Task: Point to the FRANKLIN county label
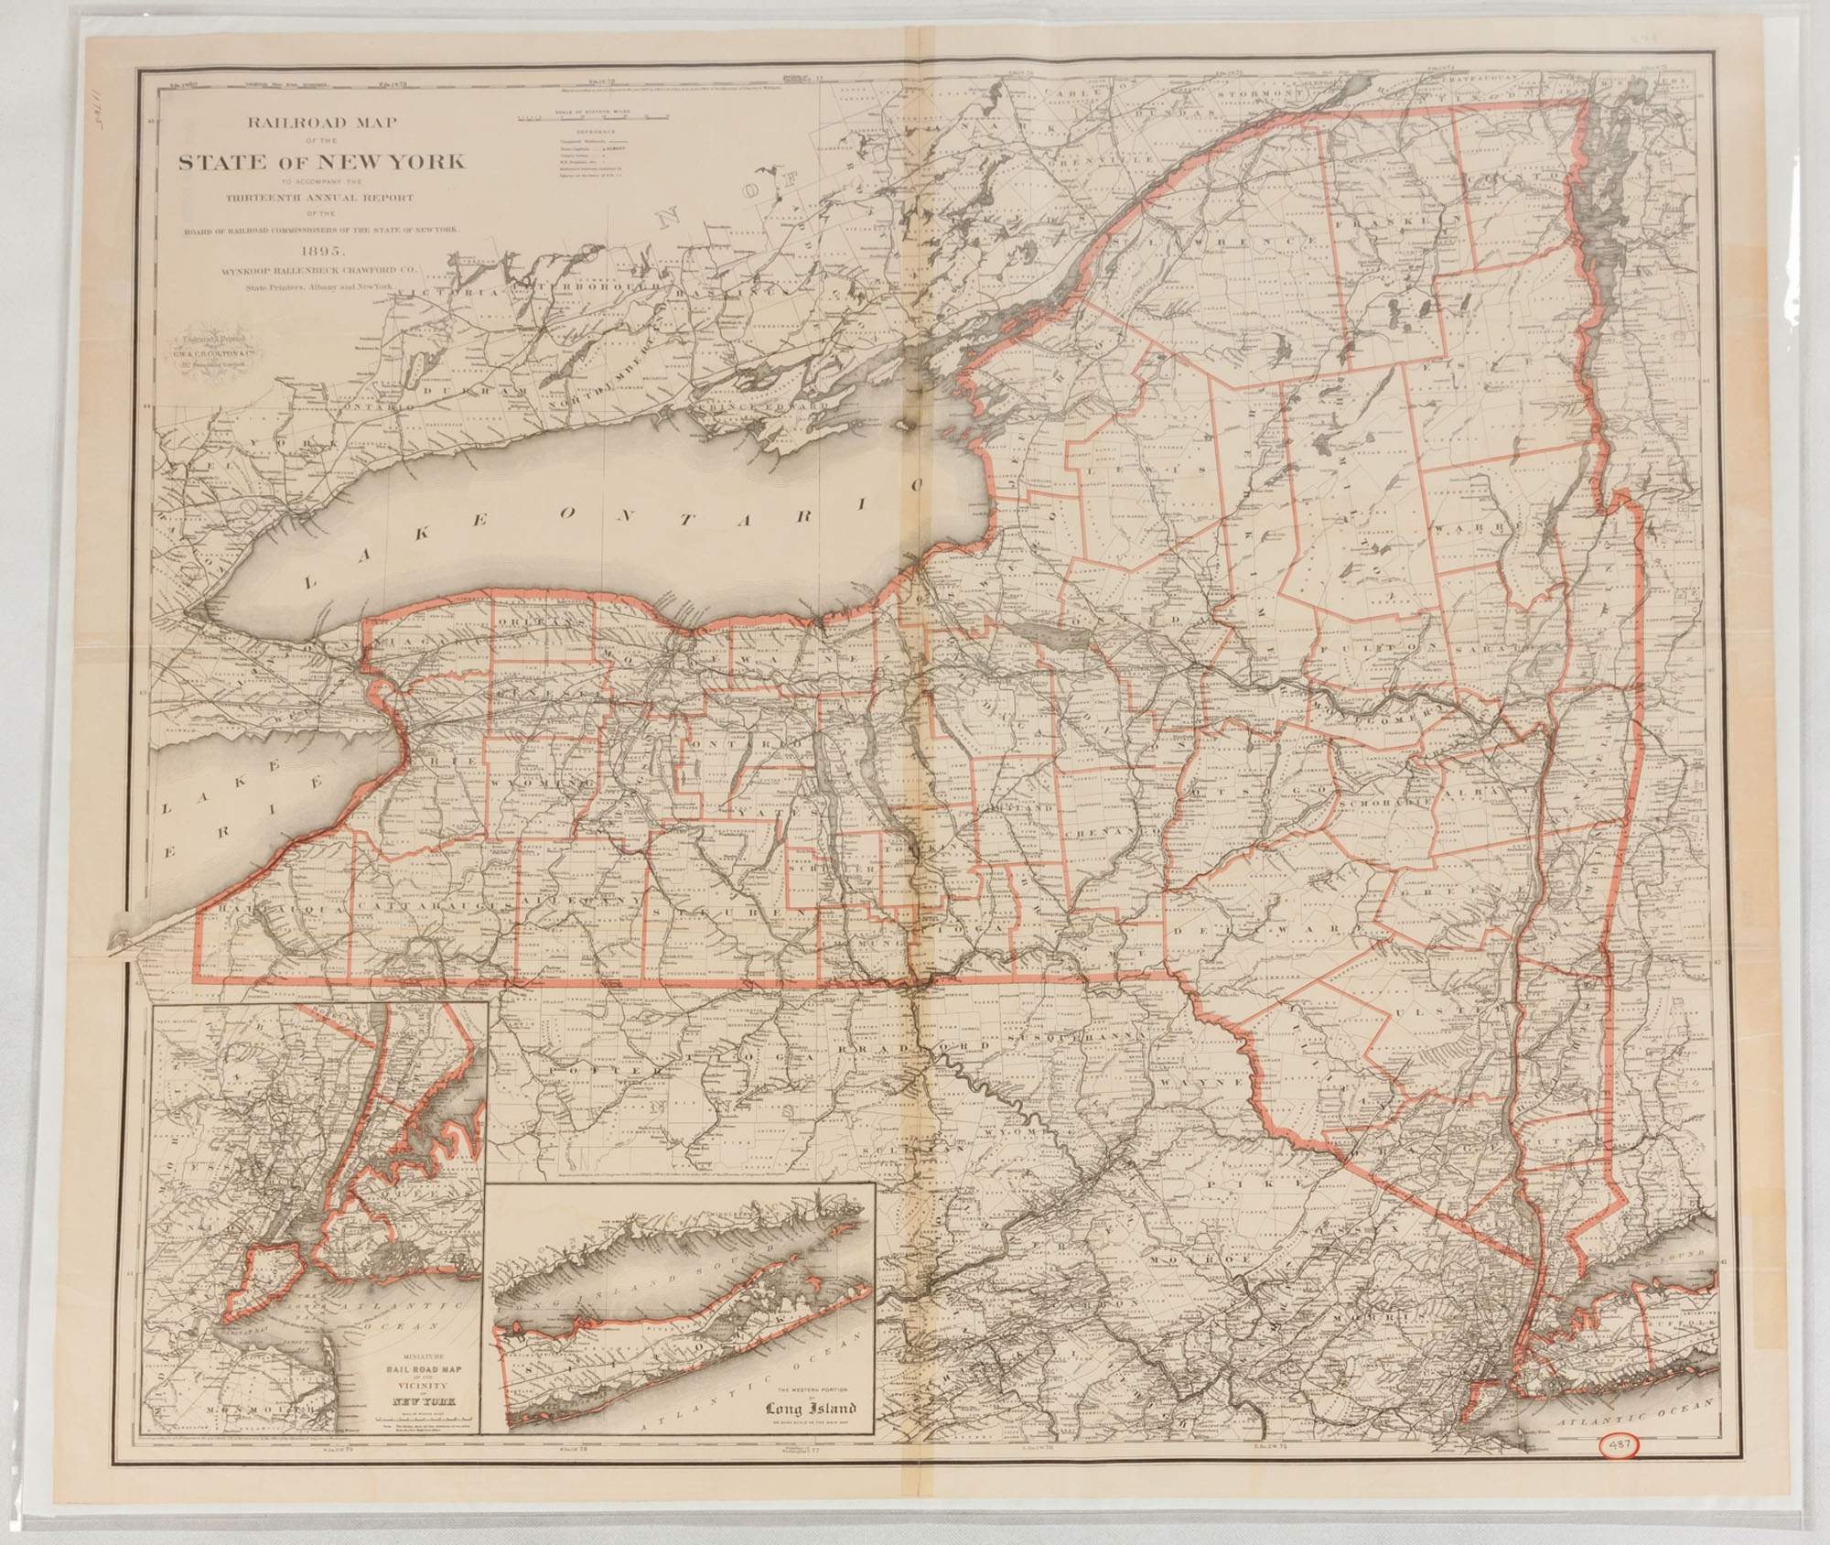click(x=1382, y=221)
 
